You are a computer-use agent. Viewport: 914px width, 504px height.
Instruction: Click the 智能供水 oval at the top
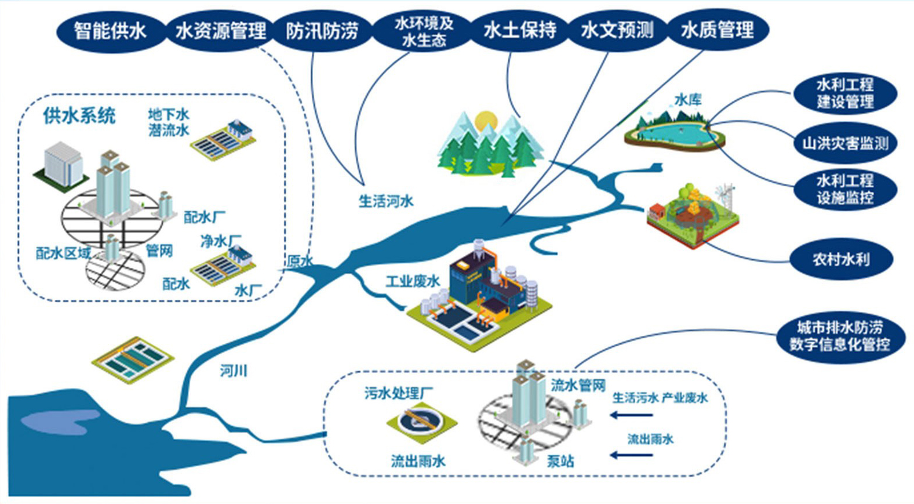pyautogui.click(x=110, y=30)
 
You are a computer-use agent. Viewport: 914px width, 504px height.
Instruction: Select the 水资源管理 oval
pyautogui.click(x=221, y=30)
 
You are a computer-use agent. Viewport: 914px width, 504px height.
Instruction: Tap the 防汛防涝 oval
pyautogui.click(x=322, y=30)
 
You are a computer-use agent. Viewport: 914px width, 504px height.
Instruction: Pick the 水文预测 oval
pyautogui.click(x=617, y=30)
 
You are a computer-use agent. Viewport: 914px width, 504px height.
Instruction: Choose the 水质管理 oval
pyautogui.click(x=718, y=30)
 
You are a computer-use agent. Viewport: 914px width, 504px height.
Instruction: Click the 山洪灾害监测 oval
pyautogui.click(x=845, y=143)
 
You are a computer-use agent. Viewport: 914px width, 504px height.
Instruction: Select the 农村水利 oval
pyautogui.click(x=841, y=259)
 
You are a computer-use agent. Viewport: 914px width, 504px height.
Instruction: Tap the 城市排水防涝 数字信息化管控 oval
pyautogui.click(x=840, y=336)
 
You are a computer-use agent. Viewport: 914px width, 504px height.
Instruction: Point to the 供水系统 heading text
pyautogui.click(x=79, y=115)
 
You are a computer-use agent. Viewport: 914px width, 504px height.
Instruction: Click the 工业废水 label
pyautogui.click(x=413, y=281)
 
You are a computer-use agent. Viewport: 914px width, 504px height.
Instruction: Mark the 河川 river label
pyautogui.click(x=234, y=371)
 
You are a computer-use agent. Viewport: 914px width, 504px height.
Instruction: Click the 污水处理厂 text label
pyautogui.click(x=399, y=393)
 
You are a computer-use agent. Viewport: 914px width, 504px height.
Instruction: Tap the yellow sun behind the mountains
pyautogui.click(x=486, y=121)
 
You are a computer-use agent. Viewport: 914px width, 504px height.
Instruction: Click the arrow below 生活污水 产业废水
pyautogui.click(x=632, y=415)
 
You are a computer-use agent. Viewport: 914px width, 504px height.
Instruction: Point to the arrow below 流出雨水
pyautogui.click(x=632, y=455)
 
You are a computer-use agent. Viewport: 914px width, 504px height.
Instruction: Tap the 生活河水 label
pyautogui.click(x=385, y=201)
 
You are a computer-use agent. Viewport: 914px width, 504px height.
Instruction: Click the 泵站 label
pyautogui.click(x=560, y=461)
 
